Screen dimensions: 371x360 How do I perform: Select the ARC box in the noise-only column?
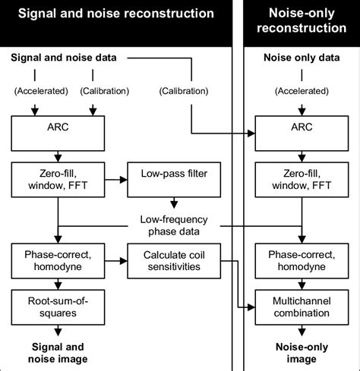tap(302, 134)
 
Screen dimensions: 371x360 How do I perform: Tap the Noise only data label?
tap(302, 58)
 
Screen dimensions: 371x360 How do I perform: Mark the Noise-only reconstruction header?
tap(302, 20)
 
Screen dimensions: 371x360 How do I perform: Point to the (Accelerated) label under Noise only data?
tap(302, 92)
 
